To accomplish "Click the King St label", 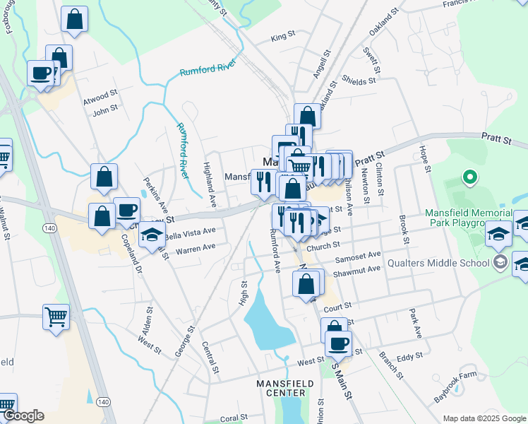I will coord(282,36).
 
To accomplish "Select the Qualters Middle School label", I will coord(438,264).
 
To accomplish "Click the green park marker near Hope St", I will coord(467,176).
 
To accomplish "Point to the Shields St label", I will coord(359,81).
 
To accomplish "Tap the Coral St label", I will coord(234,418).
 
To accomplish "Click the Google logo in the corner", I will coord(23,416).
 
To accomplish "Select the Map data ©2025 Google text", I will coord(484,418).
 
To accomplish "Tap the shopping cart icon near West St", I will coord(56,317).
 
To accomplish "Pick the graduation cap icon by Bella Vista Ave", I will coord(151,236).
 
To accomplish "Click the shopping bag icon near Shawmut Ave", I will coord(306,285).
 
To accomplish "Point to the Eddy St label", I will coord(409,358).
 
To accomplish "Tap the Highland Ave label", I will coord(209,185).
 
